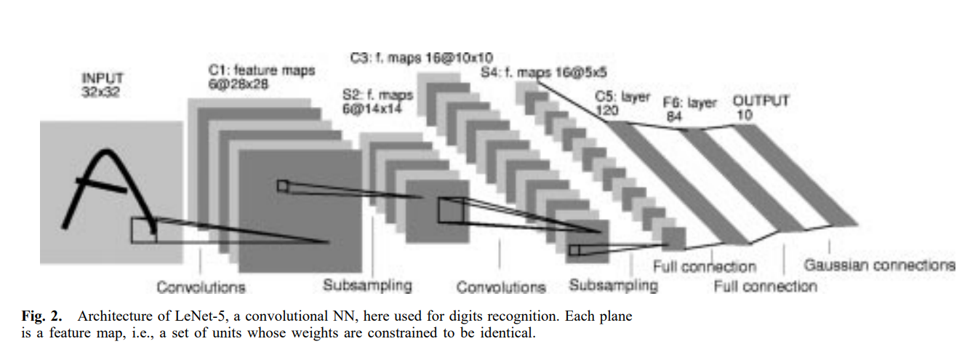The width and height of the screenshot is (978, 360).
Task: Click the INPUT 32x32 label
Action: [103, 85]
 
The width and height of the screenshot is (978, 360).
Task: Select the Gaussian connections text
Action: [879, 265]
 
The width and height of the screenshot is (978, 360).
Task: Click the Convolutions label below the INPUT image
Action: [201, 287]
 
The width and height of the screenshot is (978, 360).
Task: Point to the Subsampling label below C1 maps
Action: [367, 284]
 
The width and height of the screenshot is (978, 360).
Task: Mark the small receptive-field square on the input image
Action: [143, 229]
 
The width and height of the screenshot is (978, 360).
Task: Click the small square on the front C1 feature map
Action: [282, 186]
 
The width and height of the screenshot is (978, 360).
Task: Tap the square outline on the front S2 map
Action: [449, 209]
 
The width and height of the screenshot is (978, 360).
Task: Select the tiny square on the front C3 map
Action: [574, 250]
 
